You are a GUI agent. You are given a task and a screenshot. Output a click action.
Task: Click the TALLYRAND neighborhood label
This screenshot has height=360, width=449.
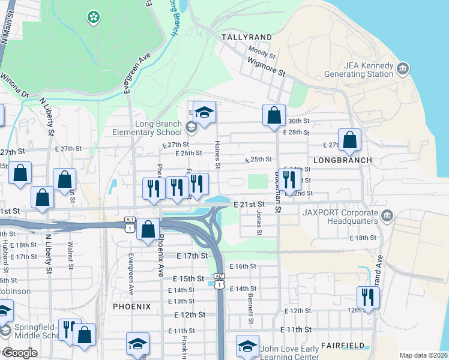(247, 37)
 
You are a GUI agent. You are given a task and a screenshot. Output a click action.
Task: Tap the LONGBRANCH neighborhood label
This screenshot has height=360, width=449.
(343, 160)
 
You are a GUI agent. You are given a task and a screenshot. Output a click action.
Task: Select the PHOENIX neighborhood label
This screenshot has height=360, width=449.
(131, 306)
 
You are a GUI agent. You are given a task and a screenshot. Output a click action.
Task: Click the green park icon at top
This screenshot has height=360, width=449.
(93, 17)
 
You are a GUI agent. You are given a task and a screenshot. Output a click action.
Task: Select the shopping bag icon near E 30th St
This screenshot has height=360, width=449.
(274, 115)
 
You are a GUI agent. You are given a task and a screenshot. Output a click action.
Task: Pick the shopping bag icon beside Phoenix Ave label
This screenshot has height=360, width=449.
(148, 229)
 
